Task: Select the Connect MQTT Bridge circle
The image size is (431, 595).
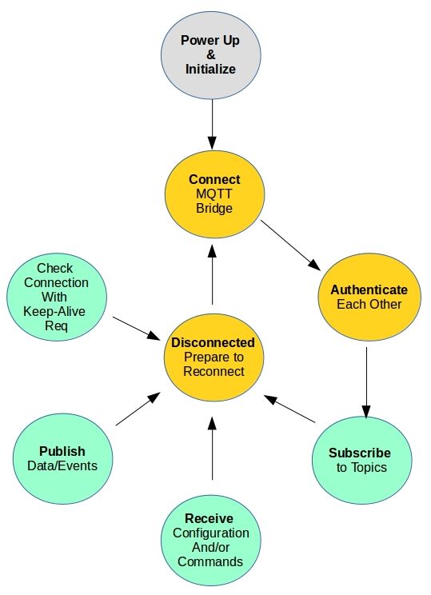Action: [x=214, y=194]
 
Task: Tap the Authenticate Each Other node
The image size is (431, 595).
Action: [x=368, y=297]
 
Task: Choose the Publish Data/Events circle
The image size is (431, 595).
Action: [x=62, y=458]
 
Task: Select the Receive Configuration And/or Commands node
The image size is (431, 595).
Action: [x=212, y=539]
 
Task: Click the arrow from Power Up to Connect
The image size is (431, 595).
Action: [x=213, y=123]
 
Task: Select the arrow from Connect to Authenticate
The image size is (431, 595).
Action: [x=289, y=245]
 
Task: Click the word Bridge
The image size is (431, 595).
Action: [x=214, y=209]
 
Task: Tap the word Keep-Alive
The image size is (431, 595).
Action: [x=56, y=311]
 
